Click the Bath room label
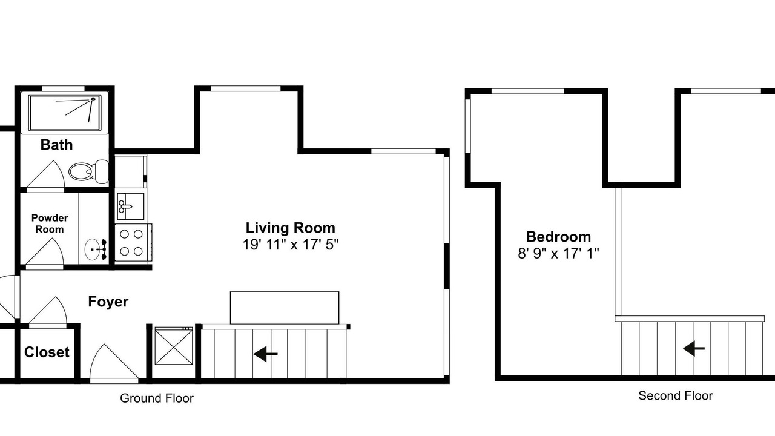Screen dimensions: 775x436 56,145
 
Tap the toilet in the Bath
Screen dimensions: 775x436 88,171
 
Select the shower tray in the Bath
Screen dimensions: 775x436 65,113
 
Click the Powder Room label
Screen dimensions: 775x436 50,223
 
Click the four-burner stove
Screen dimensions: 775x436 133,242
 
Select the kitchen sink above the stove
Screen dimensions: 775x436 130,206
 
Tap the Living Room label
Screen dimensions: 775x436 290,228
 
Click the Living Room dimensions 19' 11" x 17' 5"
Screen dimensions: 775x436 290,245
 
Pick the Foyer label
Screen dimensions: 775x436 108,302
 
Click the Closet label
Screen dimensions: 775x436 47,352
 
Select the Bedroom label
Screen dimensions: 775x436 558,237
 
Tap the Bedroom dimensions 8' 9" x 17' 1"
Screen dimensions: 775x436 558,253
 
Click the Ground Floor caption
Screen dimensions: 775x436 157,398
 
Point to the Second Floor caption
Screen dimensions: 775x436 675,396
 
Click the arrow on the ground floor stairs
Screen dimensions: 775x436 265,354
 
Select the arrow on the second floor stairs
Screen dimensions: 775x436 694,348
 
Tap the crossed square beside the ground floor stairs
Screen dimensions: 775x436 174,346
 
